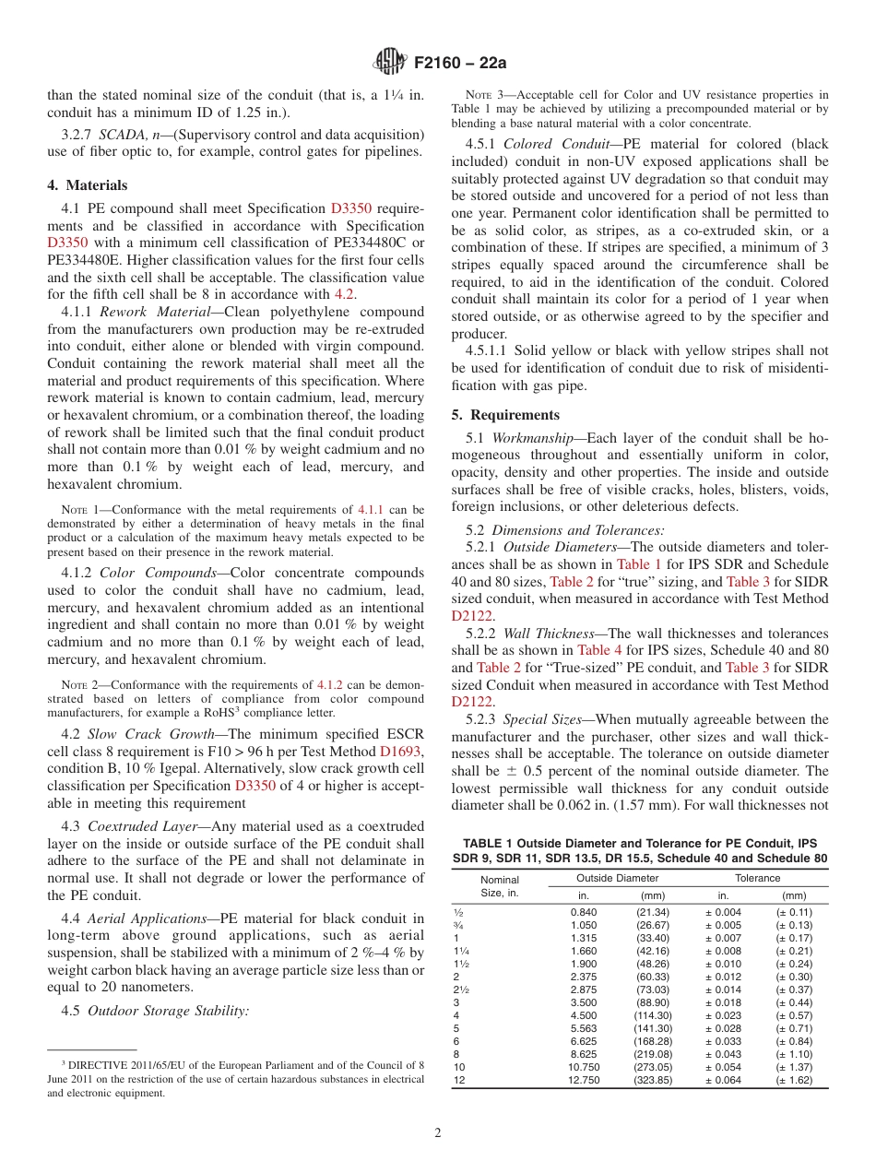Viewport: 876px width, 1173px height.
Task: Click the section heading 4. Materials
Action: pyautogui.click(x=88, y=185)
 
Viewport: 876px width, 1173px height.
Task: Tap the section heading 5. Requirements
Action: pyautogui.click(x=505, y=415)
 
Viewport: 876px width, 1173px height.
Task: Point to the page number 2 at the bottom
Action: pyautogui.click(x=438, y=1133)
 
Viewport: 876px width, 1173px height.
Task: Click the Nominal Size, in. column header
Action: pyautogui.click(x=500, y=886)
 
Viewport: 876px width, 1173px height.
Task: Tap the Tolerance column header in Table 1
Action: pyautogui.click(x=757, y=878)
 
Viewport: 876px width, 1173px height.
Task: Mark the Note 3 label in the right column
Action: pyautogui.click(x=484, y=95)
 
